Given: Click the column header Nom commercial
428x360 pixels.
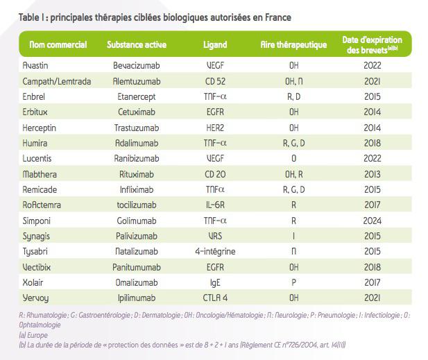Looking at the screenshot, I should pyautogui.click(x=58, y=45).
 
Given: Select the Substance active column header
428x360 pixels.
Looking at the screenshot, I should pyautogui.click(x=136, y=45).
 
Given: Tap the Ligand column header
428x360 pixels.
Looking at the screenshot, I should pyautogui.click(x=214, y=45).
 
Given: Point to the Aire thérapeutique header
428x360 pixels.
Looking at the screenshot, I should pyautogui.click(x=293, y=45).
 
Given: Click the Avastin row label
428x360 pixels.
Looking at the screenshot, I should pyautogui.click(x=36, y=66).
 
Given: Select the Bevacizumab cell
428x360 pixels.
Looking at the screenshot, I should pyautogui.click(x=136, y=66).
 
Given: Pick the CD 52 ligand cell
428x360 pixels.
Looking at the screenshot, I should pyautogui.click(x=215, y=81).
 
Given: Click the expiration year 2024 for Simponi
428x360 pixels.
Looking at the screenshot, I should pyautogui.click(x=371, y=219).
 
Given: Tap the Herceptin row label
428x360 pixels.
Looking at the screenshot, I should pyautogui.click(x=40, y=128).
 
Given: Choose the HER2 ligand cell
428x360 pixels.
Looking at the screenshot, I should pyautogui.click(x=215, y=128).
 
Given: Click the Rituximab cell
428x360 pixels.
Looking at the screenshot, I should pyautogui.click(x=136, y=173).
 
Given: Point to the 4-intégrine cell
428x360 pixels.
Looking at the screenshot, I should pyautogui.click(x=215, y=250).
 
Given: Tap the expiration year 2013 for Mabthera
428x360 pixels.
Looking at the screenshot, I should pyautogui.click(x=371, y=173).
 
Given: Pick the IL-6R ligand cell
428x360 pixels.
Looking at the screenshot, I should pyautogui.click(x=215, y=204).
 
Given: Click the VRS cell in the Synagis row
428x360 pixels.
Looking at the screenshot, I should pyautogui.click(x=215, y=235).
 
